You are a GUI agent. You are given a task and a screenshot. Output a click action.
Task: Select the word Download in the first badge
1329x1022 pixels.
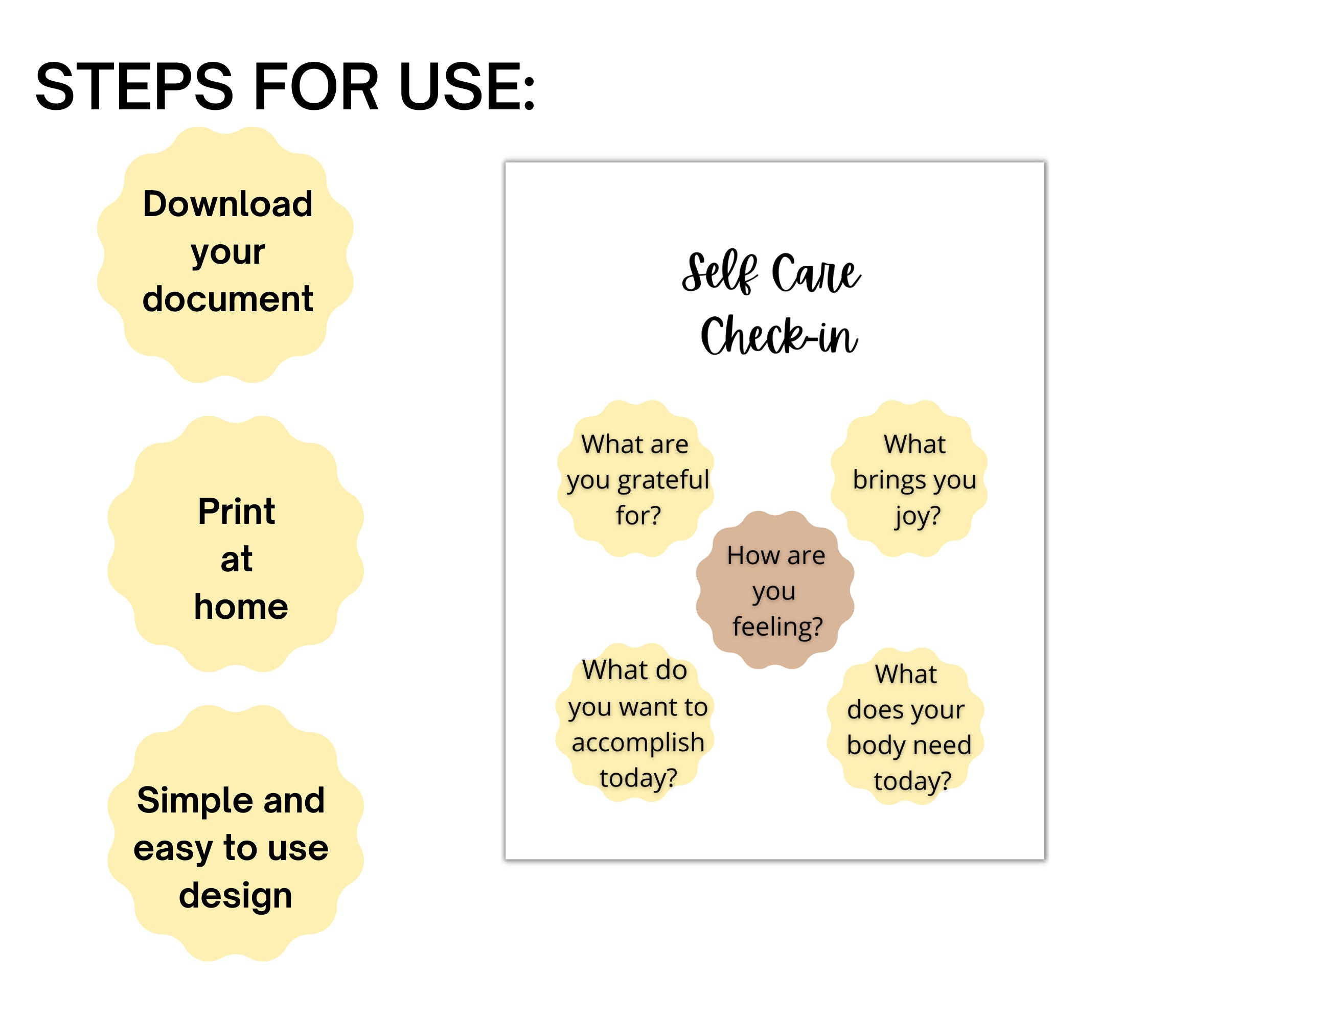coord(227,203)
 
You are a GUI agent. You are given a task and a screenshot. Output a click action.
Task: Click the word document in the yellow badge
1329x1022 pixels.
coord(227,299)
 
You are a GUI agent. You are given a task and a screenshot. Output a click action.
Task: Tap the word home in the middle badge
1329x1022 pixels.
coord(241,607)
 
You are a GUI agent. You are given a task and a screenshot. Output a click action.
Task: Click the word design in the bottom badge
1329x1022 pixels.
coord(236,896)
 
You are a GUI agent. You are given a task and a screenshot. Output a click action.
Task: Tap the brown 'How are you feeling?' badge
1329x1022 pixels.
coord(775,590)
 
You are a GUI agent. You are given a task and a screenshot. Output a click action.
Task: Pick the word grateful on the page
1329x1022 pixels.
coord(663,480)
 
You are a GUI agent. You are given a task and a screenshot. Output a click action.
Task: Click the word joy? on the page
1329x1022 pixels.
coord(918,517)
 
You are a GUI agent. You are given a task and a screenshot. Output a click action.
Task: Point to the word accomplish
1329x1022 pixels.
coord(638,743)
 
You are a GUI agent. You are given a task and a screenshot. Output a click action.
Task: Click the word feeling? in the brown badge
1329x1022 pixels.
coord(777,627)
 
